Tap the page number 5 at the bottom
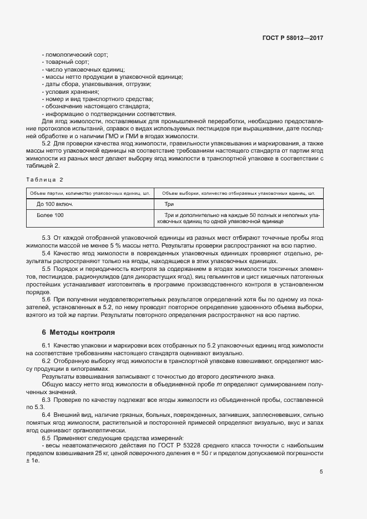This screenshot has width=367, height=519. [x=321, y=472]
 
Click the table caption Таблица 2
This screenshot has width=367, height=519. [x=45, y=179]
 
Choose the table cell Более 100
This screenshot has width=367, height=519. [x=50, y=215]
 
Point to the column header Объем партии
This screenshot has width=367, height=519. [x=88, y=193]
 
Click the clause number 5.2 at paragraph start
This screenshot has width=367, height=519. [x=47, y=143]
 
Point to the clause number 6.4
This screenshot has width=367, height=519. [x=47, y=415]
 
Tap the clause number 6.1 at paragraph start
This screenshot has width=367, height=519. [x=47, y=346]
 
